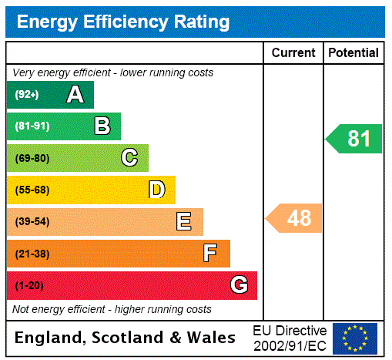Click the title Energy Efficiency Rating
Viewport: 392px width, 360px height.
point(122,22)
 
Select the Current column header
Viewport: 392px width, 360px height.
point(293,52)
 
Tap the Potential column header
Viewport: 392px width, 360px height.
point(353,52)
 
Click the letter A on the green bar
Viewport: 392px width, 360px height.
point(75,95)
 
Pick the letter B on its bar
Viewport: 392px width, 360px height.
point(102,126)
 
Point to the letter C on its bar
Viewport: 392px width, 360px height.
point(129,158)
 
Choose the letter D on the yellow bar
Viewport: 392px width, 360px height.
point(156,190)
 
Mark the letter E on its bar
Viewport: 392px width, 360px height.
point(184,222)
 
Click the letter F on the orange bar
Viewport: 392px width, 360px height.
point(209,253)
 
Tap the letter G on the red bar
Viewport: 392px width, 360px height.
point(239,285)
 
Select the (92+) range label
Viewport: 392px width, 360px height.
point(26,96)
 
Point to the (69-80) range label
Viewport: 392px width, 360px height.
point(32,159)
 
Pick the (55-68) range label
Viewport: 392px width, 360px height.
point(32,190)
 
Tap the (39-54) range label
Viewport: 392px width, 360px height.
point(32,222)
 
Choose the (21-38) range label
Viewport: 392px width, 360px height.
point(32,254)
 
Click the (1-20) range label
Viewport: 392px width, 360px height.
point(29,286)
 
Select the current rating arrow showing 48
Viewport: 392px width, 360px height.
point(295,218)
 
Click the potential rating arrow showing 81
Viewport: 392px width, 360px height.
point(355,139)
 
